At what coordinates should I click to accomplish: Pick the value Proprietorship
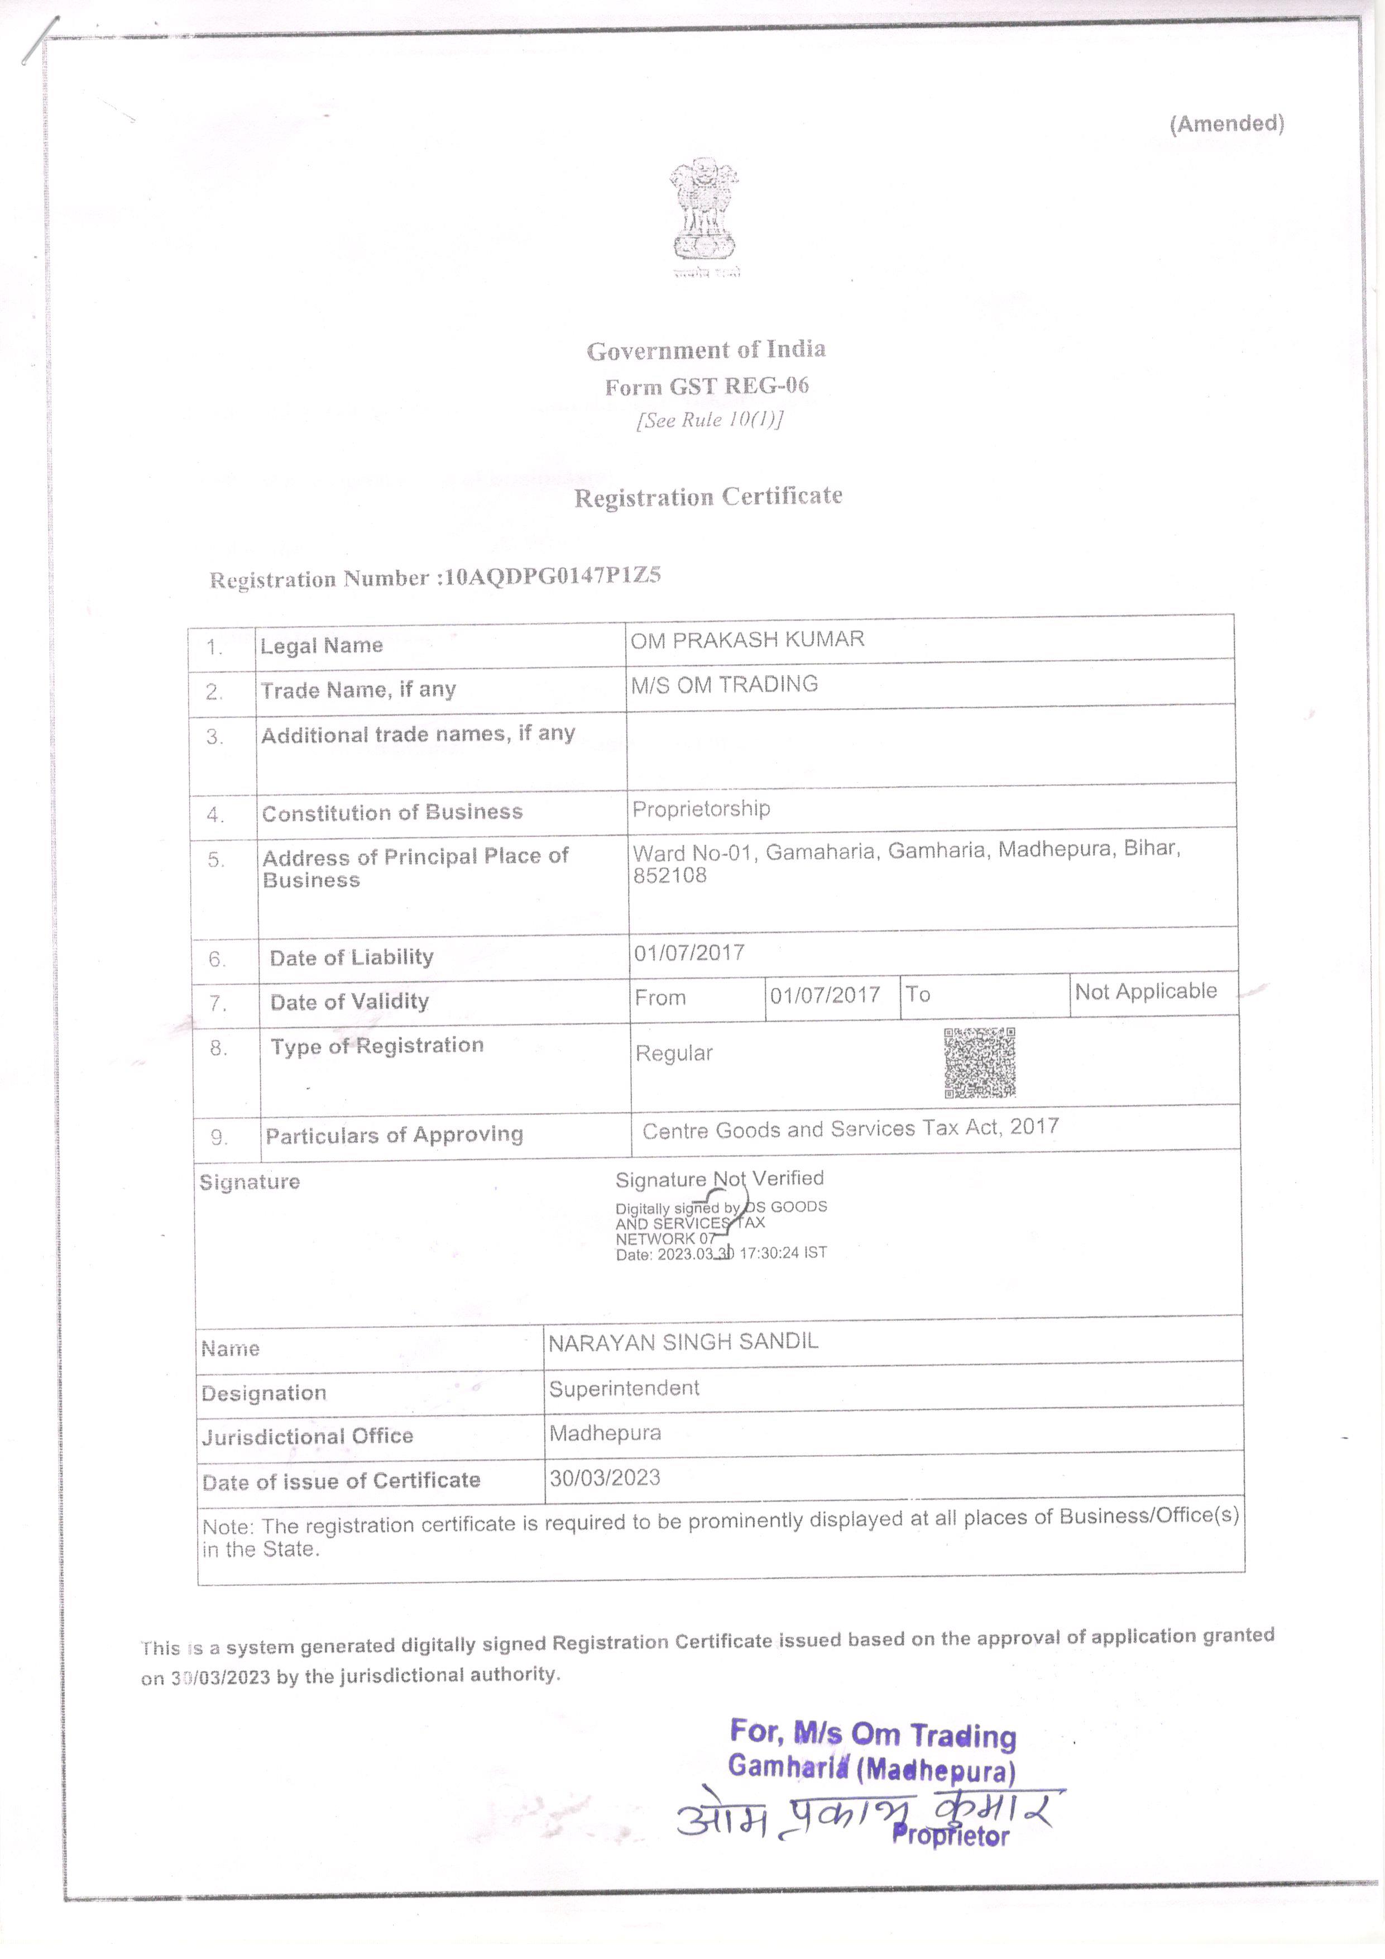[701, 809]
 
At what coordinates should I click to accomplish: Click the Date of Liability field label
[351, 957]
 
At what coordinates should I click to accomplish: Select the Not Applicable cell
[1146, 992]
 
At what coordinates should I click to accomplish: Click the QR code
[979, 1062]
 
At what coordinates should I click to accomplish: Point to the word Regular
[674, 1054]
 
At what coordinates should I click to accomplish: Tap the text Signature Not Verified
[720, 1179]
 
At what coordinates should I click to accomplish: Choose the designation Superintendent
[624, 1388]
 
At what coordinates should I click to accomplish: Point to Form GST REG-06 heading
[707, 387]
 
